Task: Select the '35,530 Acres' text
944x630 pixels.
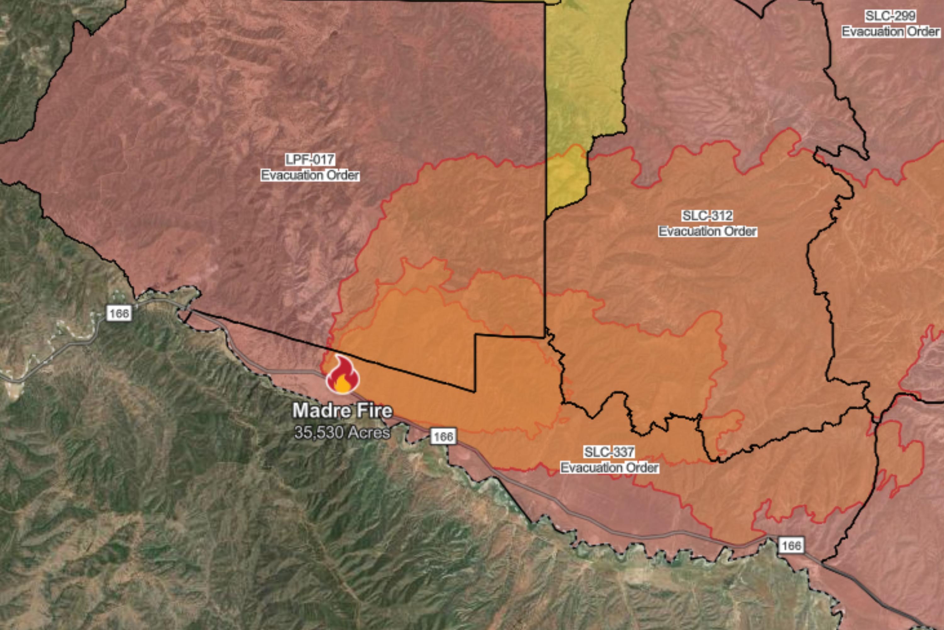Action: pyautogui.click(x=342, y=432)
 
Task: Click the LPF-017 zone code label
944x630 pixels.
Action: pyautogui.click(x=310, y=159)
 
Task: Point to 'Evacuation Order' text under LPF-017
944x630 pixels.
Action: pyautogui.click(x=310, y=175)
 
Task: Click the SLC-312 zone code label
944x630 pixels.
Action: pyautogui.click(x=707, y=216)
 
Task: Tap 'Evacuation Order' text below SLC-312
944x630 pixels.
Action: pyautogui.click(x=707, y=232)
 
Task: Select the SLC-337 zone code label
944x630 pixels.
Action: pyautogui.click(x=609, y=452)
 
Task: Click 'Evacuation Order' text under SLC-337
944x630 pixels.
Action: pyautogui.click(x=609, y=468)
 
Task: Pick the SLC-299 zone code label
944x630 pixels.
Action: pyautogui.click(x=890, y=16)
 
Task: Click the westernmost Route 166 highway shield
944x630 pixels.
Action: pyautogui.click(x=119, y=313)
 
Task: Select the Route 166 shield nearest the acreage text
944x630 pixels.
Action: pyautogui.click(x=443, y=436)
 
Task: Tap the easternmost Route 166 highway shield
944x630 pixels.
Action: pyautogui.click(x=791, y=545)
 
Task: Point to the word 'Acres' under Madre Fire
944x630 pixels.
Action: pyautogui.click(x=369, y=432)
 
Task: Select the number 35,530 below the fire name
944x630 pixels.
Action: pyautogui.click(x=319, y=432)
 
